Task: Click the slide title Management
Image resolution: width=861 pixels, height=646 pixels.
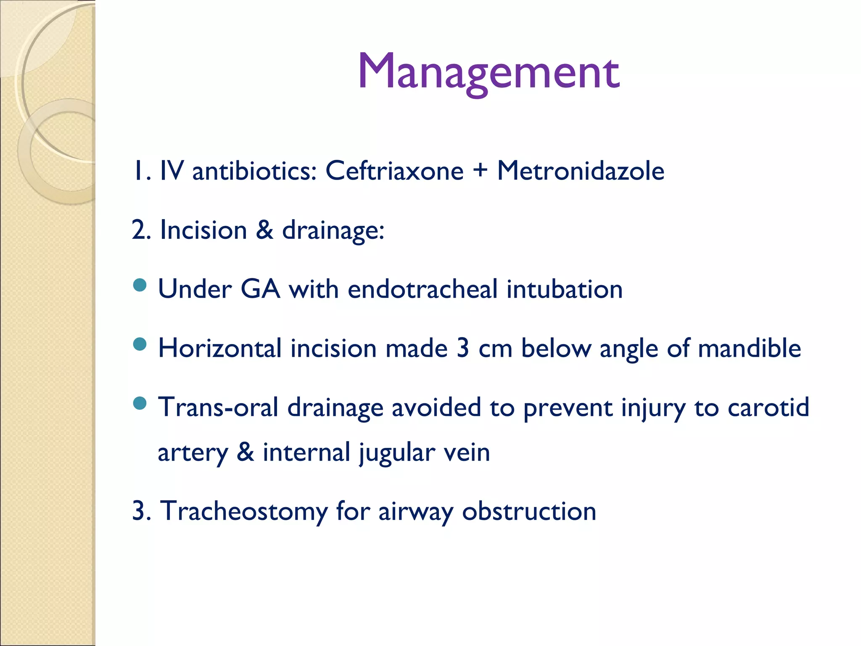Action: click(x=488, y=71)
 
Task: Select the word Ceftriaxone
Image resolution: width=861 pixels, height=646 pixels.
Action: click(x=394, y=171)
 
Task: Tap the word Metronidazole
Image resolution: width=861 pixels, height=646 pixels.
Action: click(x=581, y=171)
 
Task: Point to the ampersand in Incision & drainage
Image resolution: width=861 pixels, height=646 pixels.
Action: click(x=264, y=230)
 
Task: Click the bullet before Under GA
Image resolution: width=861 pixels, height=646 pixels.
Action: click(x=140, y=286)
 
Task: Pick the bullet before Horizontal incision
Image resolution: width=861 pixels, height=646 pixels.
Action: click(x=140, y=344)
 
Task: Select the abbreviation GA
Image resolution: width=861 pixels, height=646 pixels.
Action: click(x=260, y=289)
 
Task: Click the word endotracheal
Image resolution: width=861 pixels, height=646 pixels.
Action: click(x=423, y=289)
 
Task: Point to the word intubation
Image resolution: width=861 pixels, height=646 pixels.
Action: click(x=564, y=289)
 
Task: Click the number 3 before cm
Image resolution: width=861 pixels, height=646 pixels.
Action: click(x=462, y=349)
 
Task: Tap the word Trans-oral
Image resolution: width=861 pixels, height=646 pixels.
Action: click(x=218, y=408)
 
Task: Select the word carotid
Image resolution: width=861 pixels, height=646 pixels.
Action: click(x=768, y=408)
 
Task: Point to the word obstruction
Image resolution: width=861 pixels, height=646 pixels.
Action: click(x=529, y=512)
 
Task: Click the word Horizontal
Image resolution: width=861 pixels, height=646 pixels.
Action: click(x=219, y=349)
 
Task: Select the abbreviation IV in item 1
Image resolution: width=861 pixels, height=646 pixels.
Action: click(x=172, y=171)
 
